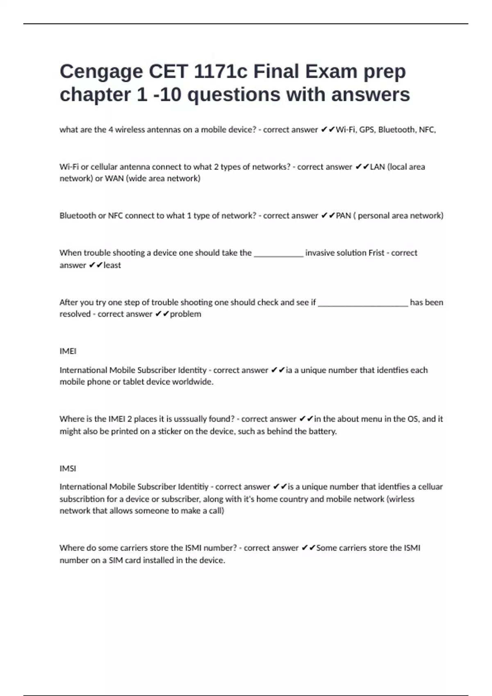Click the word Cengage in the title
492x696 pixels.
coord(100,72)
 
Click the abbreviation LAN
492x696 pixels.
coord(377,167)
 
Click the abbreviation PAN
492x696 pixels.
coord(344,216)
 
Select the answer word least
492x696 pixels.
coord(112,265)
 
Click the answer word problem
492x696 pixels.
coord(185,314)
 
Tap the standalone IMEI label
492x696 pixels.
coord(68,351)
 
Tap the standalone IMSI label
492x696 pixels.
coord(68,468)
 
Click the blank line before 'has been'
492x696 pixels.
coord(363,303)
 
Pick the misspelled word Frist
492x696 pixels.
coord(376,253)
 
